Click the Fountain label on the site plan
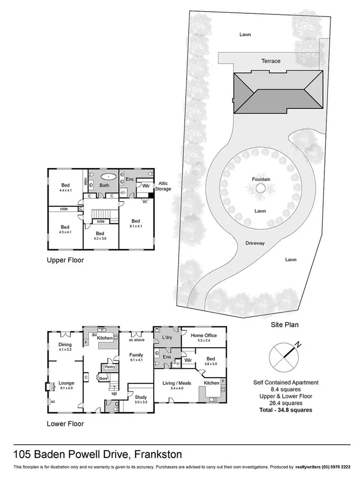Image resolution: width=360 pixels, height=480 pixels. pyautogui.click(x=261, y=179)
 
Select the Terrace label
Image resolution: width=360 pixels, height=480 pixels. pyautogui.click(x=270, y=61)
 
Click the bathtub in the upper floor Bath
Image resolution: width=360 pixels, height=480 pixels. pyautogui.click(x=109, y=175)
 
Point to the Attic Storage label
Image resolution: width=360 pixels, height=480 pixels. pyautogui.click(x=164, y=186)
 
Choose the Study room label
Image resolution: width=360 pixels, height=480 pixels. pyautogui.click(x=141, y=397)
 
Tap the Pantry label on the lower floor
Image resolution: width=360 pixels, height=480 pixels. pyautogui.click(x=110, y=367)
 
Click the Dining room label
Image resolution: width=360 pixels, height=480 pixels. pyautogui.click(x=65, y=345)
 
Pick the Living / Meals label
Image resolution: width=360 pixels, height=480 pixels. pyautogui.click(x=177, y=383)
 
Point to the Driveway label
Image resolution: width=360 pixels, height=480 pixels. pyautogui.click(x=255, y=243)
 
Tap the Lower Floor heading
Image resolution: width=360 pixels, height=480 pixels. pyautogui.click(x=65, y=425)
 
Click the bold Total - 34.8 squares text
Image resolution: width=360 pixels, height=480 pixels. pyautogui.click(x=285, y=410)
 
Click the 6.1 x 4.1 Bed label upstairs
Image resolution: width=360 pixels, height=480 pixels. pyautogui.click(x=135, y=221)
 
